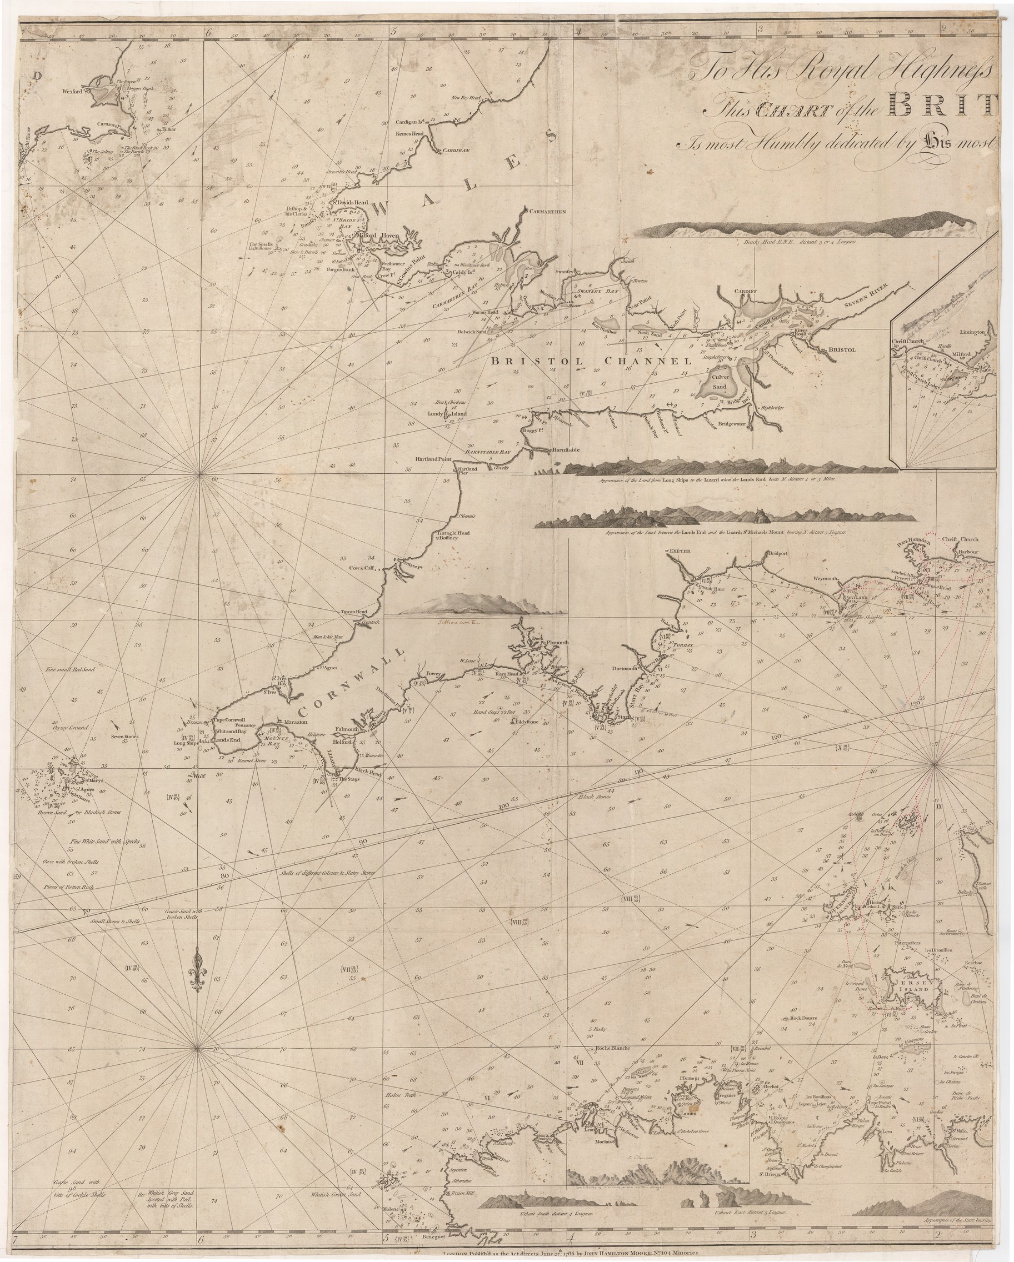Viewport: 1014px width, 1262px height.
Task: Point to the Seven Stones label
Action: coord(124,737)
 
